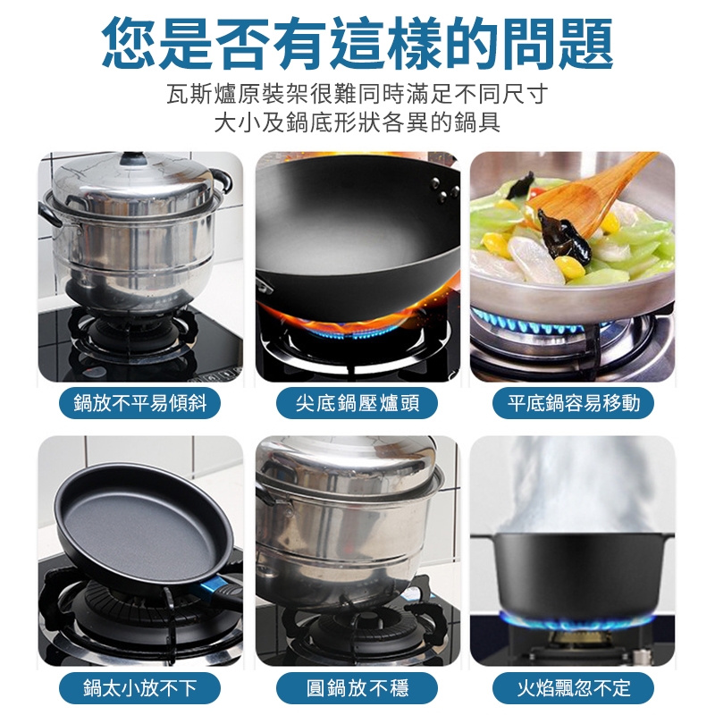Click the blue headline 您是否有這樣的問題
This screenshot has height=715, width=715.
pyautogui.click(x=357, y=42)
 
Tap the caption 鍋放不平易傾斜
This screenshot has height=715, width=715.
pyautogui.click(x=140, y=403)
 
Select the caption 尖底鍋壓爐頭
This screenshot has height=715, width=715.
pyautogui.click(x=357, y=403)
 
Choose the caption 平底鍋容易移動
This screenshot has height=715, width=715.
pyautogui.click(x=573, y=403)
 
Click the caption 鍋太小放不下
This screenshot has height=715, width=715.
pyautogui.click(x=140, y=687)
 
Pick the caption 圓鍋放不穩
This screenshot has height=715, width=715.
pyautogui.click(x=357, y=687)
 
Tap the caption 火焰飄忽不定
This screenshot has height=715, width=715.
pyautogui.click(x=573, y=687)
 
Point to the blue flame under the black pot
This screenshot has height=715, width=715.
pyautogui.click(x=576, y=619)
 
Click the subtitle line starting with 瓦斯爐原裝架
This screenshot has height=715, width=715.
pyautogui.click(x=357, y=95)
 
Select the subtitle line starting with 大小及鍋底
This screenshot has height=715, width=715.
pyautogui.click(x=357, y=122)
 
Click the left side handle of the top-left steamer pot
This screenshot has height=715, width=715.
pyautogui.click(x=49, y=213)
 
